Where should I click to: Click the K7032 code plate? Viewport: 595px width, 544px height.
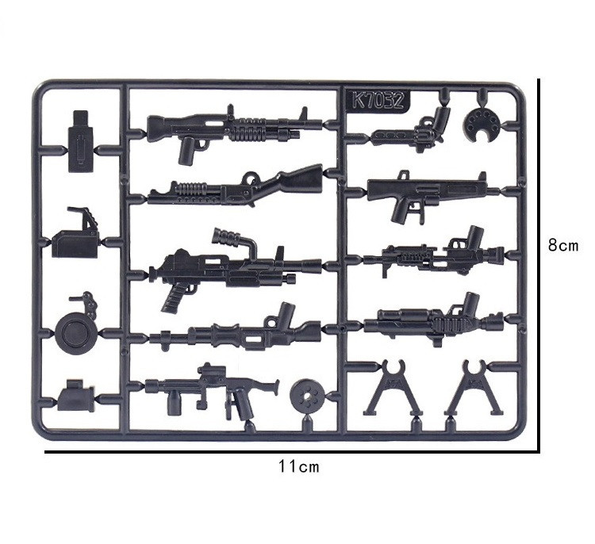pyautogui.click(x=377, y=102)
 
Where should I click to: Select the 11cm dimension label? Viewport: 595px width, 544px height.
pyautogui.click(x=298, y=466)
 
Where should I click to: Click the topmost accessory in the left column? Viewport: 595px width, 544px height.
pyautogui.click(x=79, y=140)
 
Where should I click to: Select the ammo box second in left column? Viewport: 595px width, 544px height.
pyautogui.click(x=76, y=238)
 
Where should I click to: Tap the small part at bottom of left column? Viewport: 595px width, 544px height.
pyautogui.click(x=76, y=396)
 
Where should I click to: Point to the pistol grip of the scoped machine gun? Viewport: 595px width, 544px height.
pyautogui.click(x=176, y=297)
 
